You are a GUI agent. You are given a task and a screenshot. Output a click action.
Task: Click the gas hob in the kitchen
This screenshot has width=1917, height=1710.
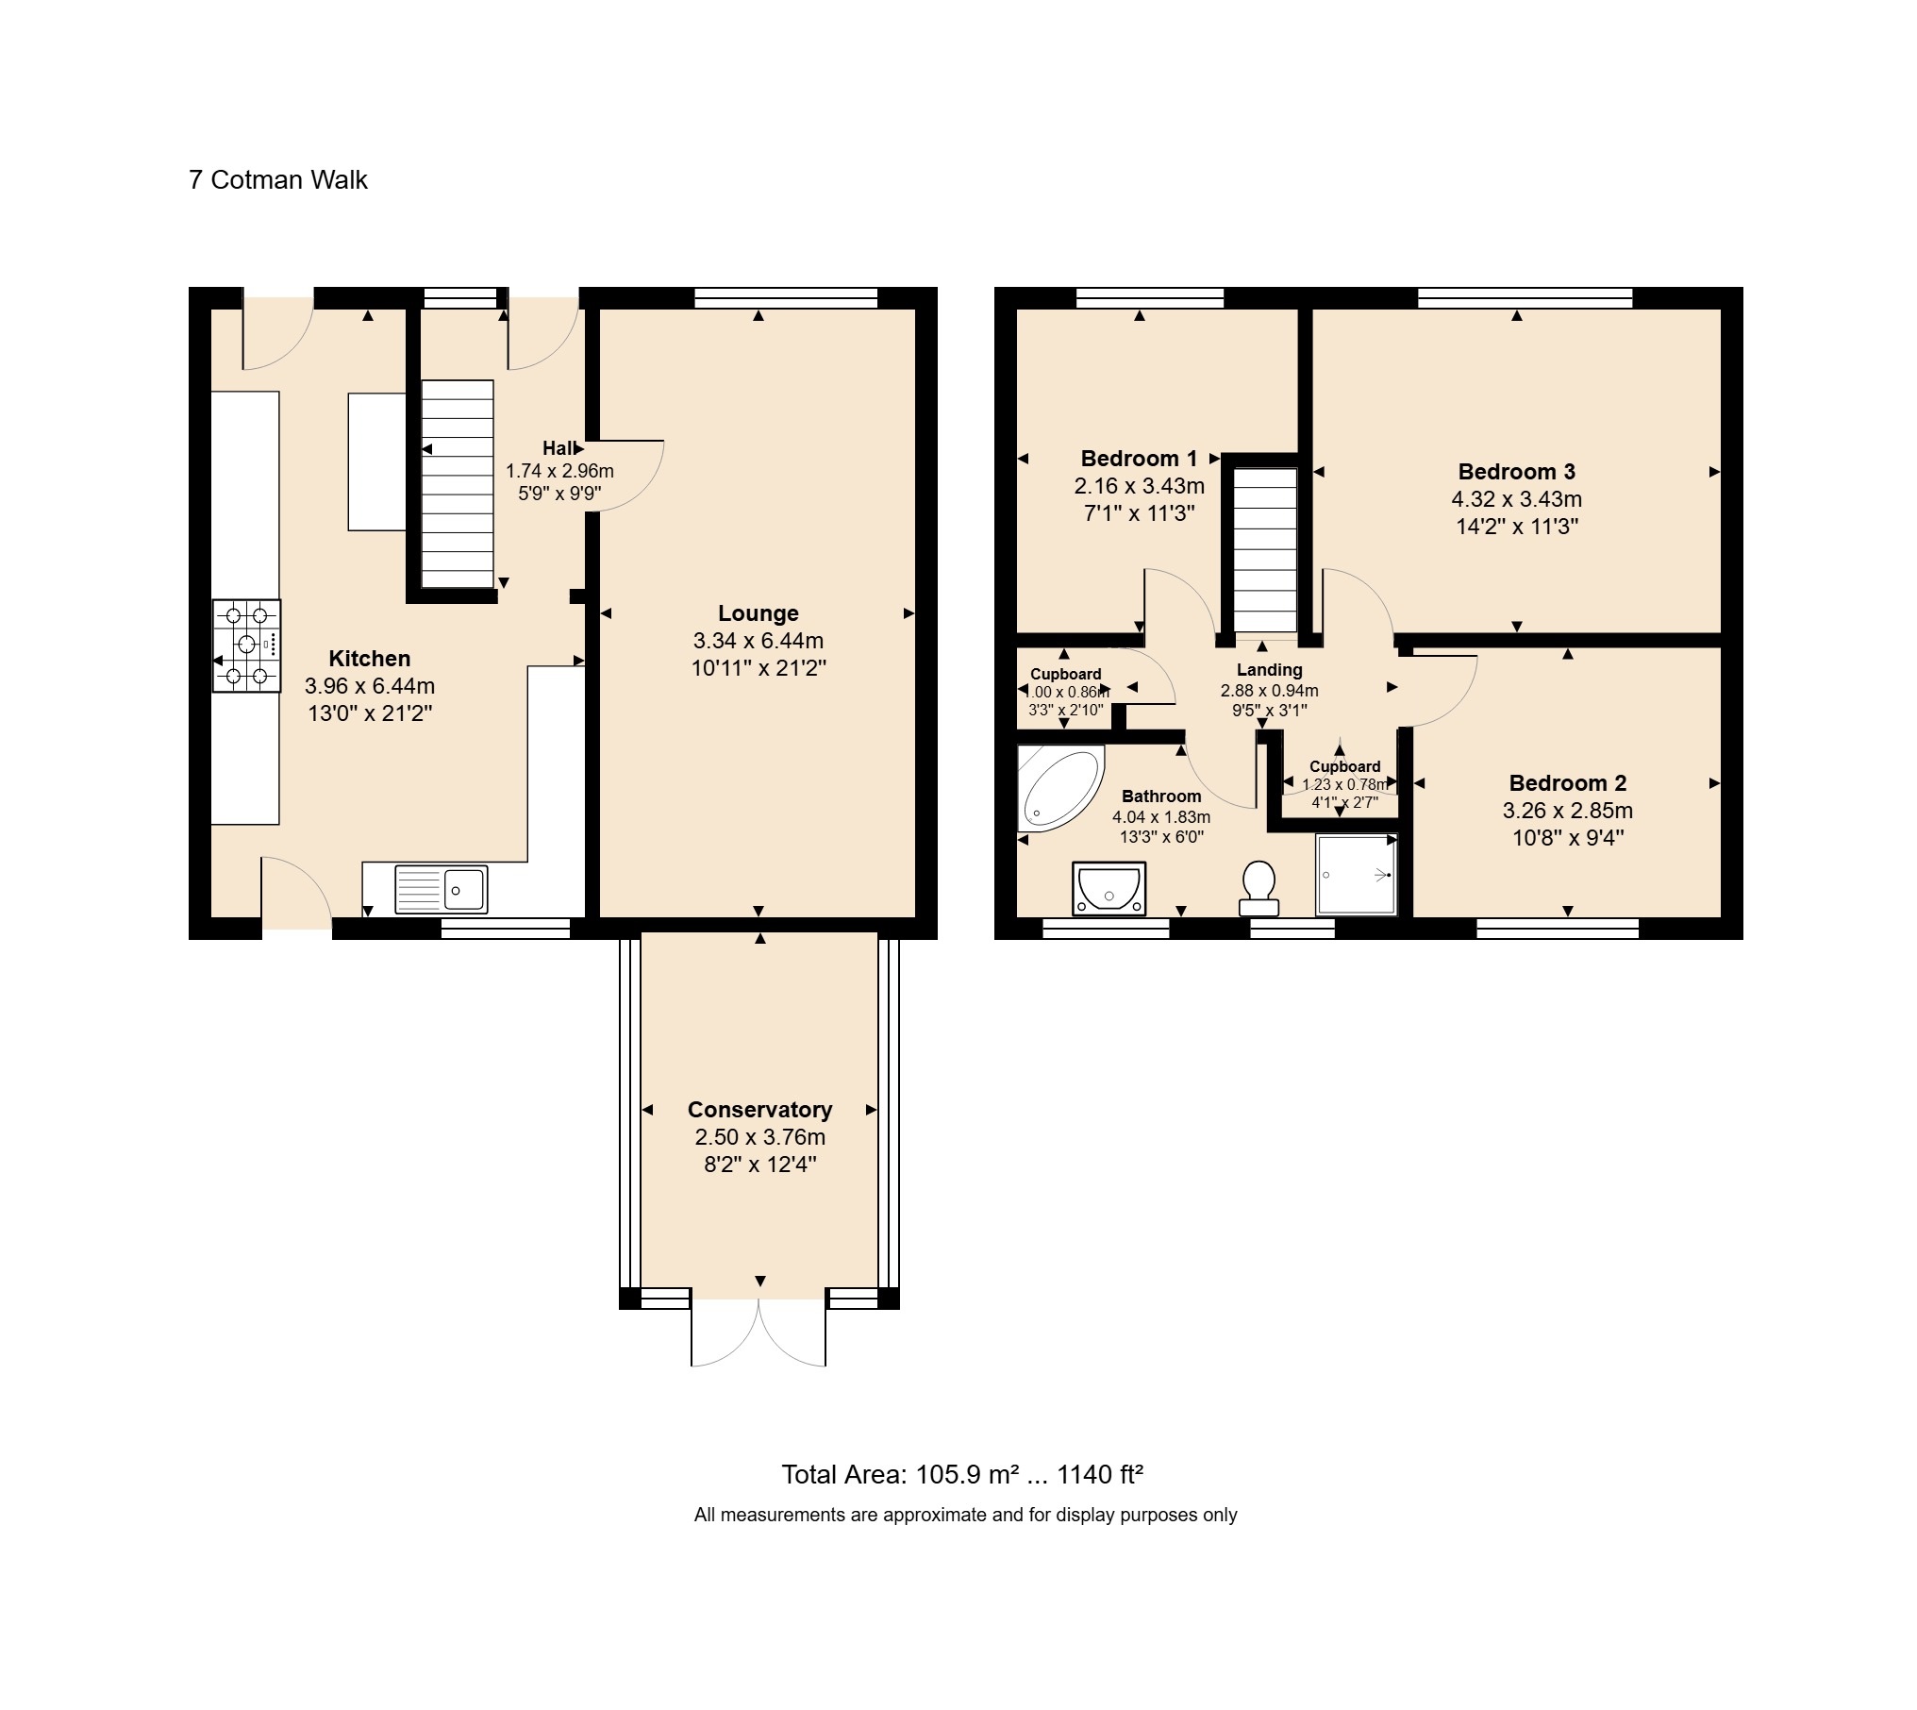(246, 645)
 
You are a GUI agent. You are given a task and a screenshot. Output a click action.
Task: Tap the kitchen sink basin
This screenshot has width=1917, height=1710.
(463, 889)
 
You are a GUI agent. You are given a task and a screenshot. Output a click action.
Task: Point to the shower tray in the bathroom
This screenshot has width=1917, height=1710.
(1356, 875)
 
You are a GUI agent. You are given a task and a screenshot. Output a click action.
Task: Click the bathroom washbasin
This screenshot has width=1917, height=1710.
(1109, 888)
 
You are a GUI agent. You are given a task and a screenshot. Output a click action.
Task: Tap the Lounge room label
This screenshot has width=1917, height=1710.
(758, 613)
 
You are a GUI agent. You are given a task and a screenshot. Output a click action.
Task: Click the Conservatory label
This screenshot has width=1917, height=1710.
(759, 1110)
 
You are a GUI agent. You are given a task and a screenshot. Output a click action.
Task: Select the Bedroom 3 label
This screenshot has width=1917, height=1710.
(1516, 472)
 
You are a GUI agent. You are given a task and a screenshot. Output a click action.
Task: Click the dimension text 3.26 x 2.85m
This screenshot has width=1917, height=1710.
(1567, 811)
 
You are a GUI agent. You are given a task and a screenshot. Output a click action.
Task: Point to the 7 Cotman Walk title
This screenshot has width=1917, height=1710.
(278, 180)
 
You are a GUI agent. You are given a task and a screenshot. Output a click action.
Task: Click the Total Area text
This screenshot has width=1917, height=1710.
(962, 1474)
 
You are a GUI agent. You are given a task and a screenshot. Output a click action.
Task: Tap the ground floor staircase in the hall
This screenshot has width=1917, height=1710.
(457, 485)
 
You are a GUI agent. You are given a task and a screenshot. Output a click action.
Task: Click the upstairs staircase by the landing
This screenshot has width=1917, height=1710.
(1266, 551)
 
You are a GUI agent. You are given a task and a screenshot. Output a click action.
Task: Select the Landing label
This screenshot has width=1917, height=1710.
(1269, 670)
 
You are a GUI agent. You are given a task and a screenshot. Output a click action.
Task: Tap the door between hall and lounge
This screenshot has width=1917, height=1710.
(627, 477)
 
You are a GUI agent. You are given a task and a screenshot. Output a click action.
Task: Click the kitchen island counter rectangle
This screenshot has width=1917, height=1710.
(377, 461)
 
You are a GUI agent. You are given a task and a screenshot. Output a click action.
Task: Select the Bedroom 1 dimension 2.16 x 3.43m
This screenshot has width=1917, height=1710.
(1139, 486)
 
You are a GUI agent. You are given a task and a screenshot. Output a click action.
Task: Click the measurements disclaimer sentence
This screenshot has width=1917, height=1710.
(964, 1516)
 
